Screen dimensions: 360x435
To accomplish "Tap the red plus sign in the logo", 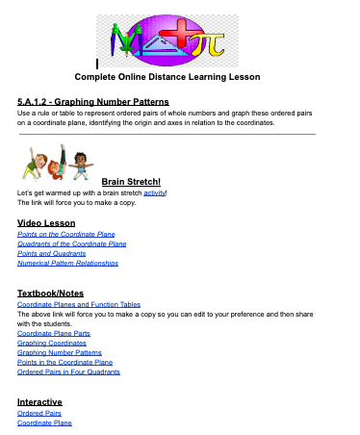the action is coord(179,36).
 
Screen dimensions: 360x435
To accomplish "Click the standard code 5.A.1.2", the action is coord(41,101).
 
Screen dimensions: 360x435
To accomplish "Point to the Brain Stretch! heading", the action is coord(131,180).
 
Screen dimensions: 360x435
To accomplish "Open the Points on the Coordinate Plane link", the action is coord(64,234).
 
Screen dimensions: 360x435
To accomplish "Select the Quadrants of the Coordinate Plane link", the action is coord(71,243).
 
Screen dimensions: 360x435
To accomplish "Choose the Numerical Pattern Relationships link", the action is coord(67,262).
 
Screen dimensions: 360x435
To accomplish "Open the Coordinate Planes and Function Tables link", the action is coord(78,304).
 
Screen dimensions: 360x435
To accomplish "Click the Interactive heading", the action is coord(40,401).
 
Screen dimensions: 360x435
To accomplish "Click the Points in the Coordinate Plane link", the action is coord(64,362).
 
